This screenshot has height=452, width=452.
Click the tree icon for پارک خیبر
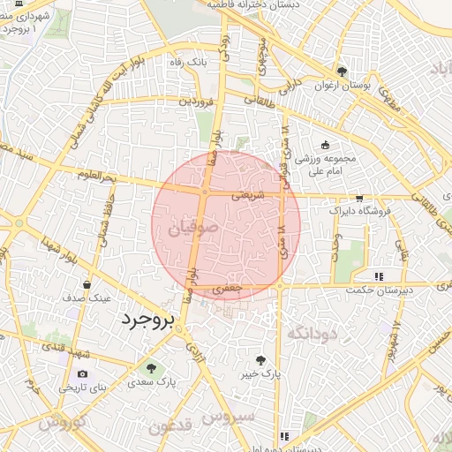pyautogui.click(x=260, y=359)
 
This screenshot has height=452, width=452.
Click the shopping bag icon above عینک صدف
pyautogui.click(x=87, y=284)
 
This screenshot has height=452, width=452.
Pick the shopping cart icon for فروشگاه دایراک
pyautogui.click(x=358, y=199)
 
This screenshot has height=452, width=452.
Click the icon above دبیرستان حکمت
pyautogui.click(x=379, y=276)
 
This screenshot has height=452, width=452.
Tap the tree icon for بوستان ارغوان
pyautogui.click(x=342, y=72)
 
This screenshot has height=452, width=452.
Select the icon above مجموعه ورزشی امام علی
pyautogui.click(x=326, y=145)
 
